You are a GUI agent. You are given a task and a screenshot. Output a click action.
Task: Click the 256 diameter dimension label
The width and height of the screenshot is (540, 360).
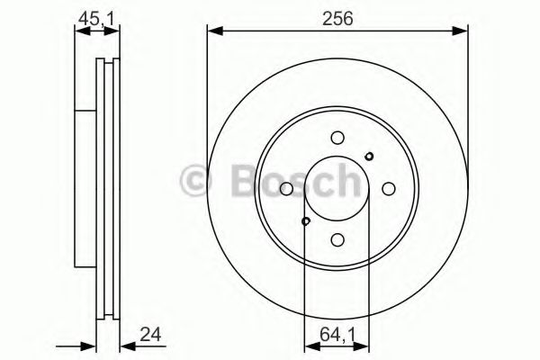click(x=337, y=16)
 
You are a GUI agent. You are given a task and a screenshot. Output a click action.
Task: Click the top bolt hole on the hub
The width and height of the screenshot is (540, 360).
click(x=337, y=138)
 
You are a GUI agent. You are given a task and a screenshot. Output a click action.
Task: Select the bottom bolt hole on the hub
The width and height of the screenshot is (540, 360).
click(x=337, y=239)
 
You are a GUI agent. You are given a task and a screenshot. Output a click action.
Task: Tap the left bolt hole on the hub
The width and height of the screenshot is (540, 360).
click(x=286, y=189)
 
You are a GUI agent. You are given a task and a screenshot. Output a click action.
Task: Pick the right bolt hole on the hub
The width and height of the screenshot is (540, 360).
click(x=389, y=189)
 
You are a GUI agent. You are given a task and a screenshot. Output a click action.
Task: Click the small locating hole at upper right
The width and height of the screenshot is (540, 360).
click(x=369, y=156)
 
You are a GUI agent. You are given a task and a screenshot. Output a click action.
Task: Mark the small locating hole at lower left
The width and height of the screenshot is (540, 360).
click(x=306, y=221)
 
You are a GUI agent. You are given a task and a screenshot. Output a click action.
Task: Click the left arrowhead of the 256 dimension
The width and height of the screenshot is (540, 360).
click(x=212, y=32)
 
